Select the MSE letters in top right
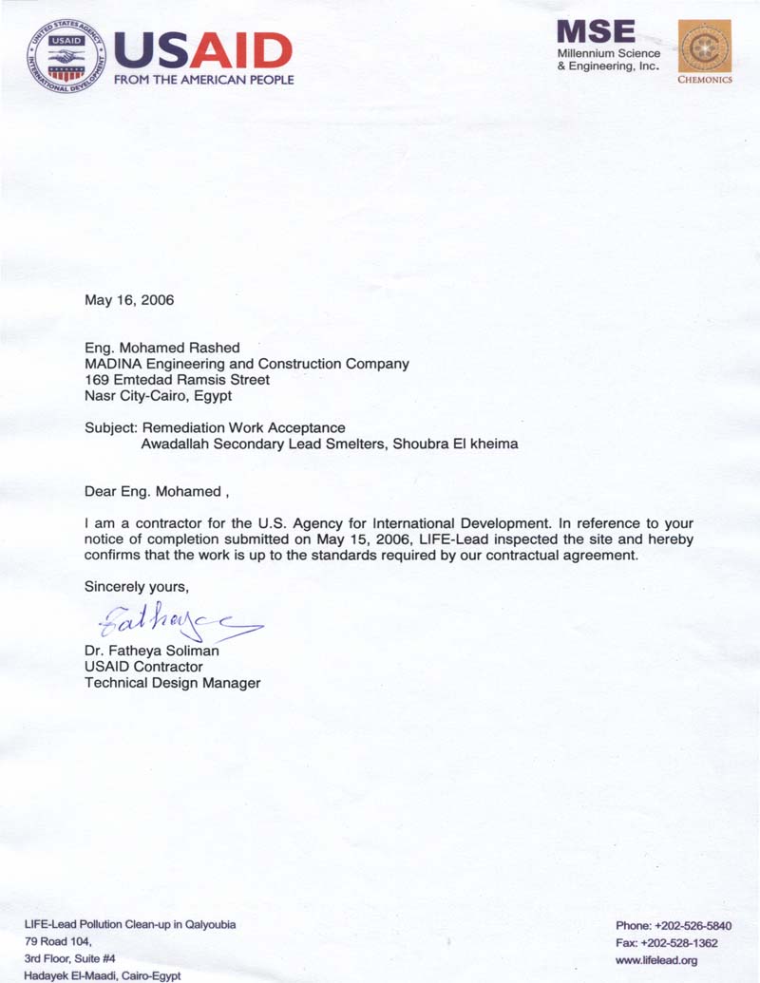click(x=596, y=30)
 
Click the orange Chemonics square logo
click(x=704, y=47)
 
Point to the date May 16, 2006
click(x=129, y=300)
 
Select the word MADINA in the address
click(x=112, y=364)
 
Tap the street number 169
click(x=97, y=380)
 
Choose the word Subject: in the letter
click(x=111, y=427)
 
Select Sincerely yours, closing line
click(x=137, y=587)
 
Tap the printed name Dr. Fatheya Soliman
click(x=152, y=651)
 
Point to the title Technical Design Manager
click(x=172, y=683)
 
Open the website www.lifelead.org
click(x=656, y=960)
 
